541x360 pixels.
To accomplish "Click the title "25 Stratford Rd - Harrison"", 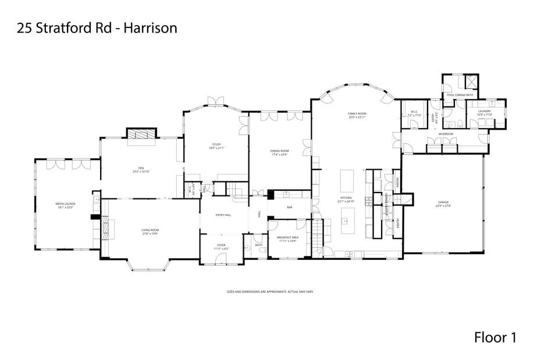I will point(97,27).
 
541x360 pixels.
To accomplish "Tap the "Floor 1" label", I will point(495,337).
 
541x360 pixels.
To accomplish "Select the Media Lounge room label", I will point(66,204).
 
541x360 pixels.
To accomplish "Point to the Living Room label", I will point(150,230).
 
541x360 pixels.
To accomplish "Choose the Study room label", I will point(216,144).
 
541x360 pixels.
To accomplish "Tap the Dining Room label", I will point(279,151).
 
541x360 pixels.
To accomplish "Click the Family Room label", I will point(357,113).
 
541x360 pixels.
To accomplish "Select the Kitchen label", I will point(346,198).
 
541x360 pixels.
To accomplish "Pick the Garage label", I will point(443,202).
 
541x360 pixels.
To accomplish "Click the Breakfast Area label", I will point(287,237).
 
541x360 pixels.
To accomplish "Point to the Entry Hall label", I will point(223,215).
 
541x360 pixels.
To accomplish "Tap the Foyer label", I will point(221,245).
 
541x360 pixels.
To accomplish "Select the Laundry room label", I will point(485,111).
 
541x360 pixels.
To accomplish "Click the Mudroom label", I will point(446,134).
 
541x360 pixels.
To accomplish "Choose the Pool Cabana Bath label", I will point(460,95).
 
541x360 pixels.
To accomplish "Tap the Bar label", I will point(290,208).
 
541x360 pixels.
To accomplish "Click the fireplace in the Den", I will point(142,134).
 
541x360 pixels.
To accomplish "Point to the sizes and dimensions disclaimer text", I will point(270,291).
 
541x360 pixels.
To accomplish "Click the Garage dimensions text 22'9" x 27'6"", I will point(443,206).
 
